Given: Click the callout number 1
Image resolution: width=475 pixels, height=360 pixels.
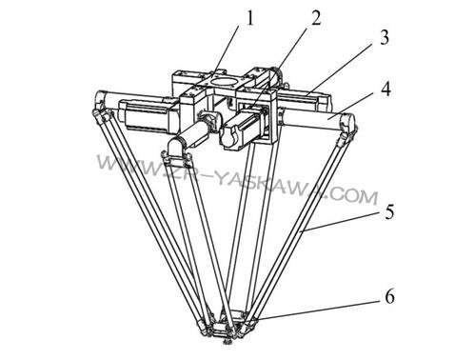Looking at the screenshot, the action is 250,19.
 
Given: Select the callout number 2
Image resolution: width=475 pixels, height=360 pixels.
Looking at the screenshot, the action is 315,18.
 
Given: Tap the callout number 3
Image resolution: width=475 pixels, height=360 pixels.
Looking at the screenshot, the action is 385,37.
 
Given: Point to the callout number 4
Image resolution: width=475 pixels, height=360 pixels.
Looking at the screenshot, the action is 386,90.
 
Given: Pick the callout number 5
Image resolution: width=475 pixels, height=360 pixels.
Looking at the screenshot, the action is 389,211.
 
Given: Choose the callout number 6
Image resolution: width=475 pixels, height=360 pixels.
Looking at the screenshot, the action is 389,297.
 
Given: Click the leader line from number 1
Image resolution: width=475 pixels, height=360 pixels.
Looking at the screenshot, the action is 228,50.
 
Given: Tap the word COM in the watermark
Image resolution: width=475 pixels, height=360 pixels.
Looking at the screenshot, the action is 353,194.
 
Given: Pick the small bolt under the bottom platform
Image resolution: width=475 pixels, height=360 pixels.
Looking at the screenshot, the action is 228,342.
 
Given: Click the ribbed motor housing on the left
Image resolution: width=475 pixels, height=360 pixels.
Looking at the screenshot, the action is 147,116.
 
